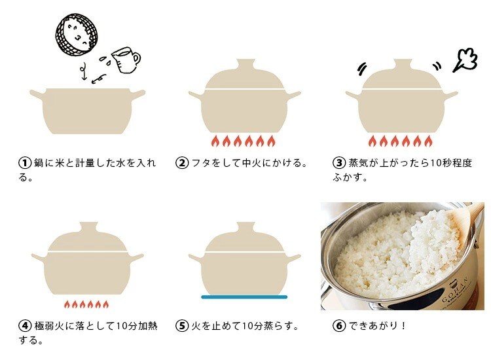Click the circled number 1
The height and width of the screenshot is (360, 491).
[25, 163]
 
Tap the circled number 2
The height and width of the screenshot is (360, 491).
[182, 163]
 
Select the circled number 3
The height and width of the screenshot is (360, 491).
[339, 163]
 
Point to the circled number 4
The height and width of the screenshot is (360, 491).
[25, 326]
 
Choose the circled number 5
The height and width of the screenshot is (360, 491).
[182, 326]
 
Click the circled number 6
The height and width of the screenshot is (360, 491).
[339, 326]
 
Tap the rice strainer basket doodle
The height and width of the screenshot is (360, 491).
[77, 35]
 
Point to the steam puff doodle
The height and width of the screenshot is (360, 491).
[465, 60]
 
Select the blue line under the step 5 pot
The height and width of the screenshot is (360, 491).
[244, 297]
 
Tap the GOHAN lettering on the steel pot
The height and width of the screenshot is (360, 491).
[455, 290]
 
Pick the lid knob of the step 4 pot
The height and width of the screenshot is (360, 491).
[89, 228]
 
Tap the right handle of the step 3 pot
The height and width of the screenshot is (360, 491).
[449, 94]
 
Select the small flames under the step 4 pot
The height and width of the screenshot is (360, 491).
[86, 304]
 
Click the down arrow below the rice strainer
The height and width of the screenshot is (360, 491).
[83, 71]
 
